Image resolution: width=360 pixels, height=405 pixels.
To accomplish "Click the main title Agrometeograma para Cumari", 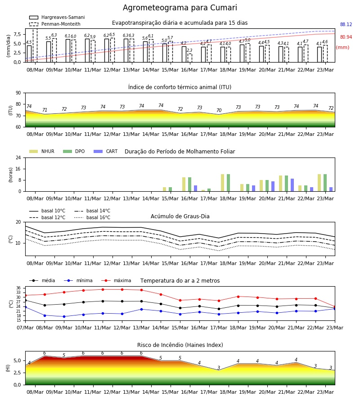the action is coord(180,8).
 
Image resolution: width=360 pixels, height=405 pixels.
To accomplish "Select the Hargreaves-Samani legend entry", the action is coord(57,17).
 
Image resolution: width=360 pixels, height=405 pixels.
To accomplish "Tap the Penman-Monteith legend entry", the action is coord(55,24).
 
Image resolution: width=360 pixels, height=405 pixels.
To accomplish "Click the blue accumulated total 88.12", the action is coord(346,25).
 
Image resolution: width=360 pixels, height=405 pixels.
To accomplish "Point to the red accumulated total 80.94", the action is coord(346,37).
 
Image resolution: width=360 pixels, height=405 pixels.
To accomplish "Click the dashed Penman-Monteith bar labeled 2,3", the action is coord(190,58).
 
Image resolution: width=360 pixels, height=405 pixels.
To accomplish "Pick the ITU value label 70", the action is coord(219,110).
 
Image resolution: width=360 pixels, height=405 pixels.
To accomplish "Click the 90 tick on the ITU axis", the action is coord(18,93).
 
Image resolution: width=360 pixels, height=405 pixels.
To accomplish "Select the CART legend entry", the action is coord(106,151).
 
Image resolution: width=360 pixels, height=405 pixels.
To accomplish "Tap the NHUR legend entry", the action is coord(42,151).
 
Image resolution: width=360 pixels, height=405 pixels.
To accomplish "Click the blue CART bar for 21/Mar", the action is coord(292,185).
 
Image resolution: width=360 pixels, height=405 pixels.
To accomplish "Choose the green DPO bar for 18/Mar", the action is coord(228,183).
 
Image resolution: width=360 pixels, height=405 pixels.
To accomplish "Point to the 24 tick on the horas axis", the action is coord(18,157).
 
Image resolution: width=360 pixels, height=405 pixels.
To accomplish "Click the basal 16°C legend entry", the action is coord(92,218).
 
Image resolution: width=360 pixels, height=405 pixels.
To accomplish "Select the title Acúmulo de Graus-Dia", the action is coord(180,216).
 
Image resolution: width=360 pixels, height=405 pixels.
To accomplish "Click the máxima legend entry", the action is coord(116,280).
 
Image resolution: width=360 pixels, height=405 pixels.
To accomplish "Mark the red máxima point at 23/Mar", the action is coord(335,307).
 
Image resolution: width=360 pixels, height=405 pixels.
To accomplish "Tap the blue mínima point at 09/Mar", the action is coord(64,316).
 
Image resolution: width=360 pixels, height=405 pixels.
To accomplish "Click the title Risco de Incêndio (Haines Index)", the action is coord(180,345).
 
